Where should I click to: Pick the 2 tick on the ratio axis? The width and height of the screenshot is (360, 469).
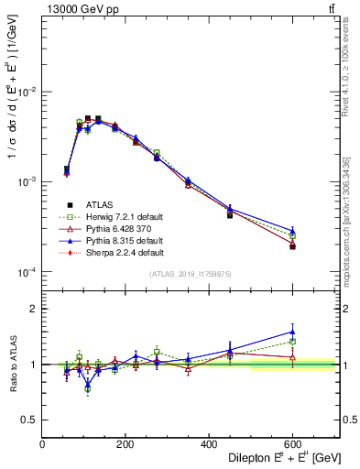click(x=34, y=309)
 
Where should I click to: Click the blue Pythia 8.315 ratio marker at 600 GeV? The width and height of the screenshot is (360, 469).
click(x=292, y=332)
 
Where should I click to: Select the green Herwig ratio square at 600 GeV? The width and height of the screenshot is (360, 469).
click(x=292, y=342)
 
